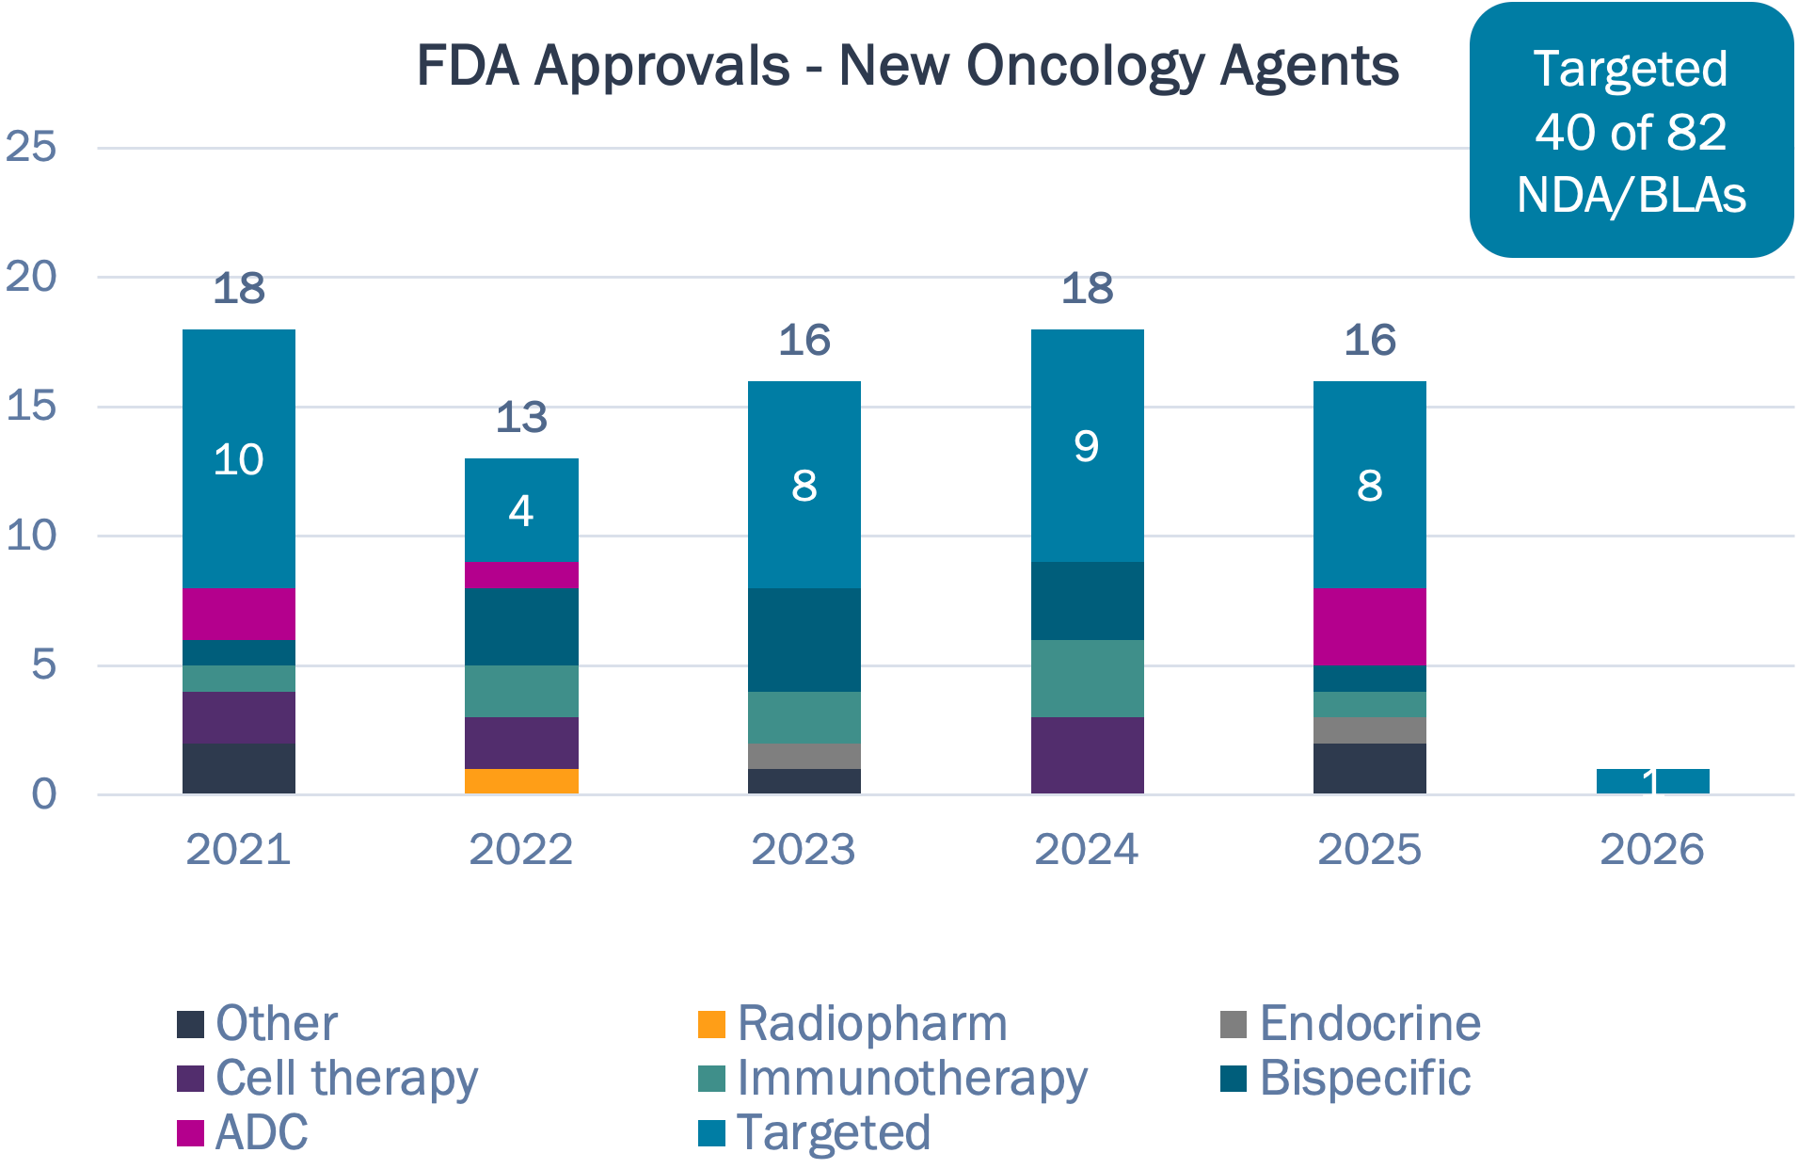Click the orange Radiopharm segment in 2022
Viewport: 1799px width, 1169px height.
pos(521,781)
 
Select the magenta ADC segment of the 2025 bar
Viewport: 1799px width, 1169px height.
pos(1369,627)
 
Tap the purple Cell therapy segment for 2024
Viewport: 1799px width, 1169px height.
pos(1087,755)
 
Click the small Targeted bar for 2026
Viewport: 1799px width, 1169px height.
pos(1652,781)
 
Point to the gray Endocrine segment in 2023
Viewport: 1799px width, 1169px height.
pos(804,756)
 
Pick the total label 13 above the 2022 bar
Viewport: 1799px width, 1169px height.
pos(521,417)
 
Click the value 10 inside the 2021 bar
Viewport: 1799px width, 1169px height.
pos(238,459)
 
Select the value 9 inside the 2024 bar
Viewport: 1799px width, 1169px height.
pos(1087,445)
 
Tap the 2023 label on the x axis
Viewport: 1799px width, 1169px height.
pos(804,849)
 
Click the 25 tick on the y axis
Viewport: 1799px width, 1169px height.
pos(31,147)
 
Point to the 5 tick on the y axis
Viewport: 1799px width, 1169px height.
pos(43,665)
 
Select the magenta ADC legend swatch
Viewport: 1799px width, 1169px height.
pos(190,1132)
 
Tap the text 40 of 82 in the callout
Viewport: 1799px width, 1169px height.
pos(1631,132)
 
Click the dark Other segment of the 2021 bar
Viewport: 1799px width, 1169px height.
pos(238,768)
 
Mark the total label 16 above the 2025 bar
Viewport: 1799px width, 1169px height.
pos(1369,340)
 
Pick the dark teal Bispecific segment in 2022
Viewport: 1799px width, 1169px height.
pos(521,627)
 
